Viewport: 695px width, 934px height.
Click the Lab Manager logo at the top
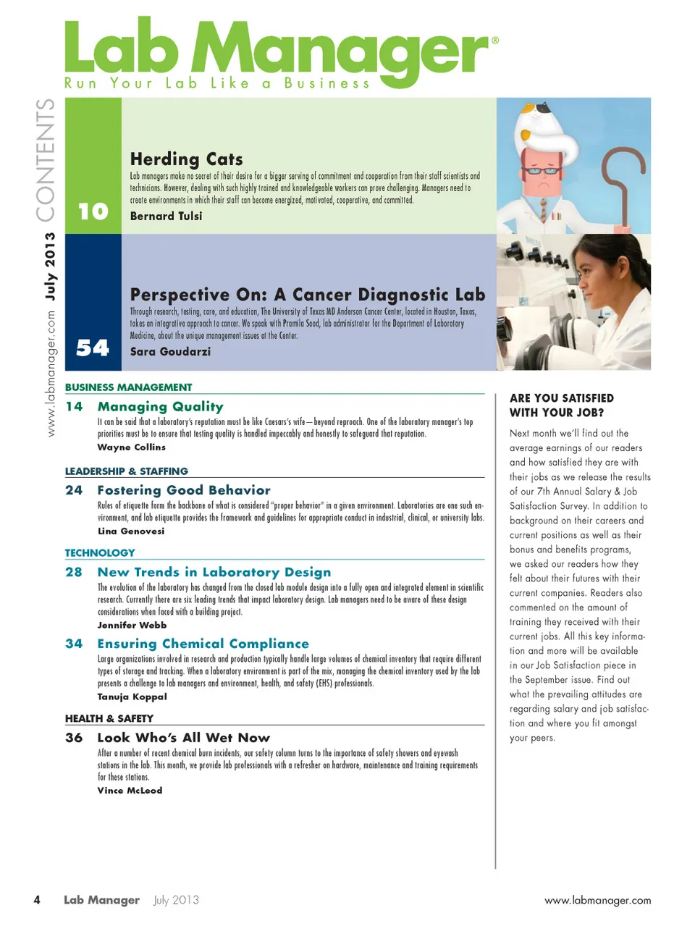click(x=279, y=52)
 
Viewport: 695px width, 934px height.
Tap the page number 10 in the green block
click(x=93, y=211)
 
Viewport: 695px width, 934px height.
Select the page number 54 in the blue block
click(x=93, y=348)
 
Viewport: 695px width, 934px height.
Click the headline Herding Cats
click(x=186, y=159)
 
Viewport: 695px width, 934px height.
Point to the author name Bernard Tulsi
click(x=166, y=216)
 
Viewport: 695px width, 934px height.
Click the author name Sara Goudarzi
click(x=170, y=352)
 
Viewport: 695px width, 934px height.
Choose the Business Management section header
click(x=128, y=387)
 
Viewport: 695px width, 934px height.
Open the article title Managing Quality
click(x=160, y=407)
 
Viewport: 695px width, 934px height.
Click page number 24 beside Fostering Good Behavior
click(x=74, y=490)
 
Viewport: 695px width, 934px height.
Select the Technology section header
click(x=100, y=553)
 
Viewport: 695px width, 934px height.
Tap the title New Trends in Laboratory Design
click(x=214, y=572)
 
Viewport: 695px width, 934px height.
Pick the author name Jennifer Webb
click(x=132, y=625)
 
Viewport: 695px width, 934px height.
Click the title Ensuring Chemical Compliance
click(x=203, y=644)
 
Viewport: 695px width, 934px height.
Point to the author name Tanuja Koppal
click(x=132, y=697)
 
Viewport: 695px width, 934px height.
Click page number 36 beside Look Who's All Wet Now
click(x=74, y=738)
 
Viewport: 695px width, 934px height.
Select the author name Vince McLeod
click(x=130, y=791)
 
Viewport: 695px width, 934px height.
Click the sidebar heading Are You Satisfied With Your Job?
click(x=561, y=405)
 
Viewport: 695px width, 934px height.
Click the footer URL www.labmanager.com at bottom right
click(x=597, y=901)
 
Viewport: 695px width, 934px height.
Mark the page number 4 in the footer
click(x=37, y=900)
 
